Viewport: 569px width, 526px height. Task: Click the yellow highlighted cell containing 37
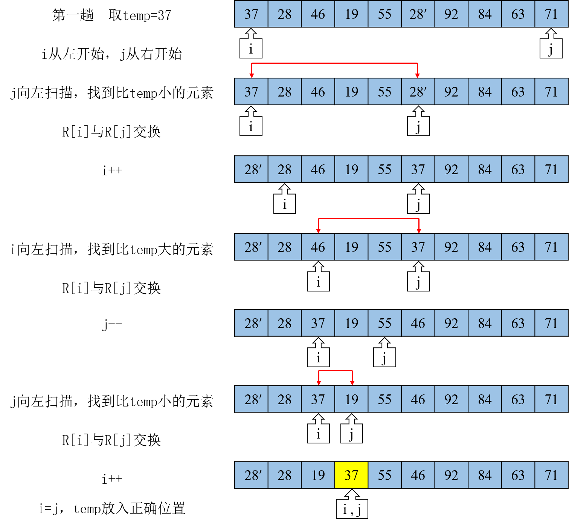(x=351, y=475)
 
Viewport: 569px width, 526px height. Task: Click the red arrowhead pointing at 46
(x=318, y=231)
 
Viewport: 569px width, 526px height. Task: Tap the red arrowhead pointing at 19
(x=352, y=383)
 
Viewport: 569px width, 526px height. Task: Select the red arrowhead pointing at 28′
(x=418, y=75)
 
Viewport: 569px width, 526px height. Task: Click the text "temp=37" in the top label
(x=147, y=15)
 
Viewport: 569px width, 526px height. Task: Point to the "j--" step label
(x=112, y=324)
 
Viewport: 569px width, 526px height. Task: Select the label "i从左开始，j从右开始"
(x=112, y=54)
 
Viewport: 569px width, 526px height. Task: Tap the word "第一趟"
(x=73, y=15)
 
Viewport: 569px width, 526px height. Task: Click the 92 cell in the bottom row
(x=451, y=475)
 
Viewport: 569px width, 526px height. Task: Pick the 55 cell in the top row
(x=384, y=14)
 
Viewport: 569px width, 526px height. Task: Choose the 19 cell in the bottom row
(x=318, y=475)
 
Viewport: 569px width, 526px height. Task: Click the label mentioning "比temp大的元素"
(x=112, y=249)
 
